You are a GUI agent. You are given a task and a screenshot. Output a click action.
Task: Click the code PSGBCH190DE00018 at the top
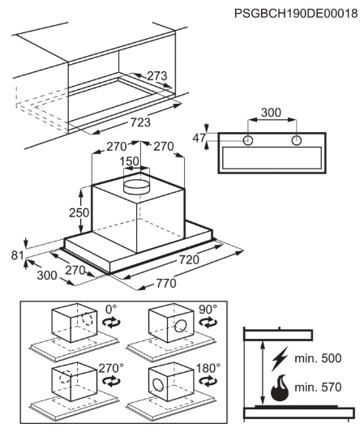pyautogui.click(x=296, y=13)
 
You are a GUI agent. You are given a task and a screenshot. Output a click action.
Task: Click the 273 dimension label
pyautogui.click(x=156, y=75)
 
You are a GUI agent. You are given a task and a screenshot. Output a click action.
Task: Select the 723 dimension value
pyautogui.click(x=140, y=122)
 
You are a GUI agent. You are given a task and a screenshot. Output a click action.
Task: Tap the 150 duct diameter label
pyautogui.click(x=129, y=161)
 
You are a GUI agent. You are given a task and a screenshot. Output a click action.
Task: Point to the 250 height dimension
pyautogui.click(x=79, y=212)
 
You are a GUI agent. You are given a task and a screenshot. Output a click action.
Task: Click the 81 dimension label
pyautogui.click(x=17, y=255)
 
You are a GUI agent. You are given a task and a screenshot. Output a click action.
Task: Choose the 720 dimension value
pyautogui.click(x=189, y=259)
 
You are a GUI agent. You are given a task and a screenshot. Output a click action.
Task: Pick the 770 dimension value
pyautogui.click(x=166, y=283)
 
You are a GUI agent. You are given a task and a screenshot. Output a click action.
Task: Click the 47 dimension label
pyautogui.click(x=199, y=138)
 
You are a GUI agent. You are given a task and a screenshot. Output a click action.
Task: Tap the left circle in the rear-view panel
pyautogui.click(x=248, y=140)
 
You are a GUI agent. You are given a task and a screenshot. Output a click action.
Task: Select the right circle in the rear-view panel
pyautogui.click(x=296, y=140)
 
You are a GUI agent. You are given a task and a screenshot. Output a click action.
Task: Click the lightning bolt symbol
pyautogui.click(x=280, y=358)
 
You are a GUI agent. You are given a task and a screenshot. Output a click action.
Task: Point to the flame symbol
pyautogui.click(x=280, y=387)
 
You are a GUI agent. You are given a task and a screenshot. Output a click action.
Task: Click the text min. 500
pyautogui.click(x=318, y=358)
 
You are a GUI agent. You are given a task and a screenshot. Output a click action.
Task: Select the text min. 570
pyautogui.click(x=318, y=387)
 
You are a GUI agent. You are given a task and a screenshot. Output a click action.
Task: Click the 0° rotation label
pyautogui.click(x=111, y=309)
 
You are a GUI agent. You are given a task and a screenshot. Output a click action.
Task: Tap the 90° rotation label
pyautogui.click(x=208, y=309)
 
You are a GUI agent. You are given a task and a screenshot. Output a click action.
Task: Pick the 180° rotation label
pyautogui.click(x=208, y=368)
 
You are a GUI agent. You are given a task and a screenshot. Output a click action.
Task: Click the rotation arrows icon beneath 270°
pyautogui.click(x=111, y=381)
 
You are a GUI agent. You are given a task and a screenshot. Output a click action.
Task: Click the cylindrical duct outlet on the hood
pyautogui.click(x=137, y=187)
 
